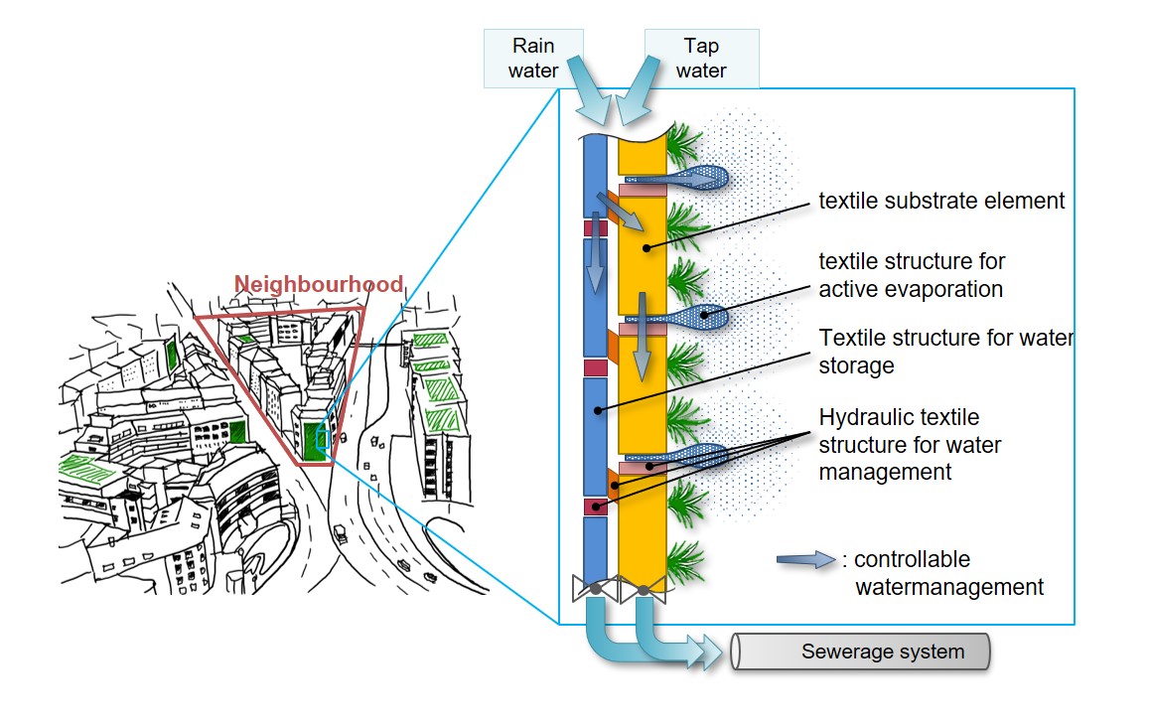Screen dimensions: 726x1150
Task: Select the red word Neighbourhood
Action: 318,285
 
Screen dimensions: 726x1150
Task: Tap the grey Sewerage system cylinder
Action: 861,653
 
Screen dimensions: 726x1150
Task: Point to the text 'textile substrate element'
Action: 940,202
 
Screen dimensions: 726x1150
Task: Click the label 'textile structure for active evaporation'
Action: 911,275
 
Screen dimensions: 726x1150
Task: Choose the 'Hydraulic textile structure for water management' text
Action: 910,444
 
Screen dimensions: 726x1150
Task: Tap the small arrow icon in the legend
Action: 806,561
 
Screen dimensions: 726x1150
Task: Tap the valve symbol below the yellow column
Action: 643,590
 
